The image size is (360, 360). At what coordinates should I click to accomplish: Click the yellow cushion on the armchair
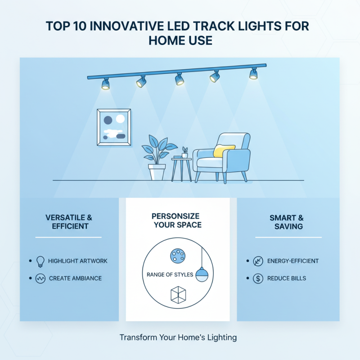click(224, 150)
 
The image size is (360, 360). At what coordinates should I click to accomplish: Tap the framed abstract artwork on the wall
click(114, 127)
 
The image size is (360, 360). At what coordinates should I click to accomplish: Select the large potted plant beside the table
click(157, 157)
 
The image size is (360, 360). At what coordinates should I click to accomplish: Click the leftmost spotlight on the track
click(105, 84)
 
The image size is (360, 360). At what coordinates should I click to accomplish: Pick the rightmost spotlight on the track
click(254, 73)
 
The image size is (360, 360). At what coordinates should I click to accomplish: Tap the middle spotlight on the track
click(180, 79)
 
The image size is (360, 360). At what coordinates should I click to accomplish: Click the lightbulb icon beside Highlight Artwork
click(40, 261)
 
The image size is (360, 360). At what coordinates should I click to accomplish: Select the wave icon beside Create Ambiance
click(40, 279)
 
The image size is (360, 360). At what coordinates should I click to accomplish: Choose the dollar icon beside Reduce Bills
click(258, 279)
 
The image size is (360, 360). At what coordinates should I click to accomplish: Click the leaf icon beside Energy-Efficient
click(258, 261)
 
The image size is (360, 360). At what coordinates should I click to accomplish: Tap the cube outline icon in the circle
click(178, 294)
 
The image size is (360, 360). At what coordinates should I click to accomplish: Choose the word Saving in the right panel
click(288, 226)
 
